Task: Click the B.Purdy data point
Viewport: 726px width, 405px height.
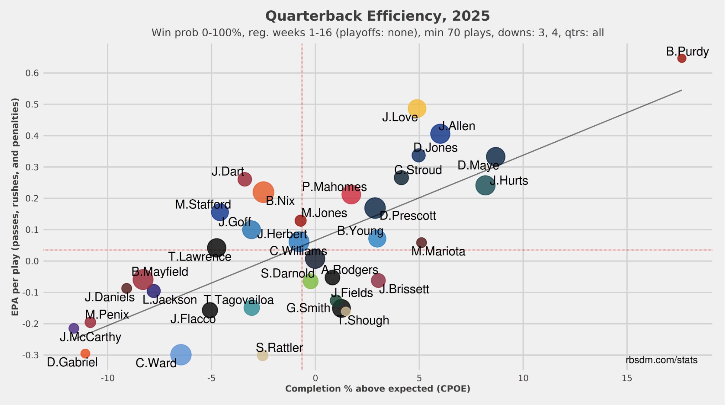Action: (x=681, y=58)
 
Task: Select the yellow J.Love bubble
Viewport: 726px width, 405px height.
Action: (x=416, y=108)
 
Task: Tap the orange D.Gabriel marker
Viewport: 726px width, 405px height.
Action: (x=85, y=353)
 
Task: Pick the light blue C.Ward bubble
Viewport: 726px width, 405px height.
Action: (x=181, y=354)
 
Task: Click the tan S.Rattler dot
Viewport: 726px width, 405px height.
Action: (x=263, y=355)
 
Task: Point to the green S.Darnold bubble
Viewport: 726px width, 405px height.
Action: (x=310, y=282)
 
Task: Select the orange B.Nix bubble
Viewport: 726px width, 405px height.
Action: (x=263, y=192)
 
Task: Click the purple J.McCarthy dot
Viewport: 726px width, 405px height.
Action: (x=74, y=328)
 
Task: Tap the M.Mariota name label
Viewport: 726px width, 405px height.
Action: (x=438, y=252)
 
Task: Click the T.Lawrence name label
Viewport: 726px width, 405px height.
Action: (x=199, y=257)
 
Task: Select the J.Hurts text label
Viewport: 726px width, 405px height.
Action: (x=509, y=181)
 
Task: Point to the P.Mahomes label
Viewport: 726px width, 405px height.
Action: (x=335, y=187)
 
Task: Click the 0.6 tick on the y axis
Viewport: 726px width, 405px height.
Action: (x=32, y=73)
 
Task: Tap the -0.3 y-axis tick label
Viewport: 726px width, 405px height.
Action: (x=31, y=355)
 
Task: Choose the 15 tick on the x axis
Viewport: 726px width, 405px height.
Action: (x=627, y=378)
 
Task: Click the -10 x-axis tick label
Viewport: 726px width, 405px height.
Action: (x=108, y=378)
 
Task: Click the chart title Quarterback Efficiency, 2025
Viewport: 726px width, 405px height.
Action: (x=378, y=16)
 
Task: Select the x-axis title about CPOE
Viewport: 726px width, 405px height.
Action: (x=378, y=389)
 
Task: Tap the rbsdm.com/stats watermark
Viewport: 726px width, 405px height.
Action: (x=662, y=360)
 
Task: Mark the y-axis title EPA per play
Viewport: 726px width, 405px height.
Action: (x=15, y=206)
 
